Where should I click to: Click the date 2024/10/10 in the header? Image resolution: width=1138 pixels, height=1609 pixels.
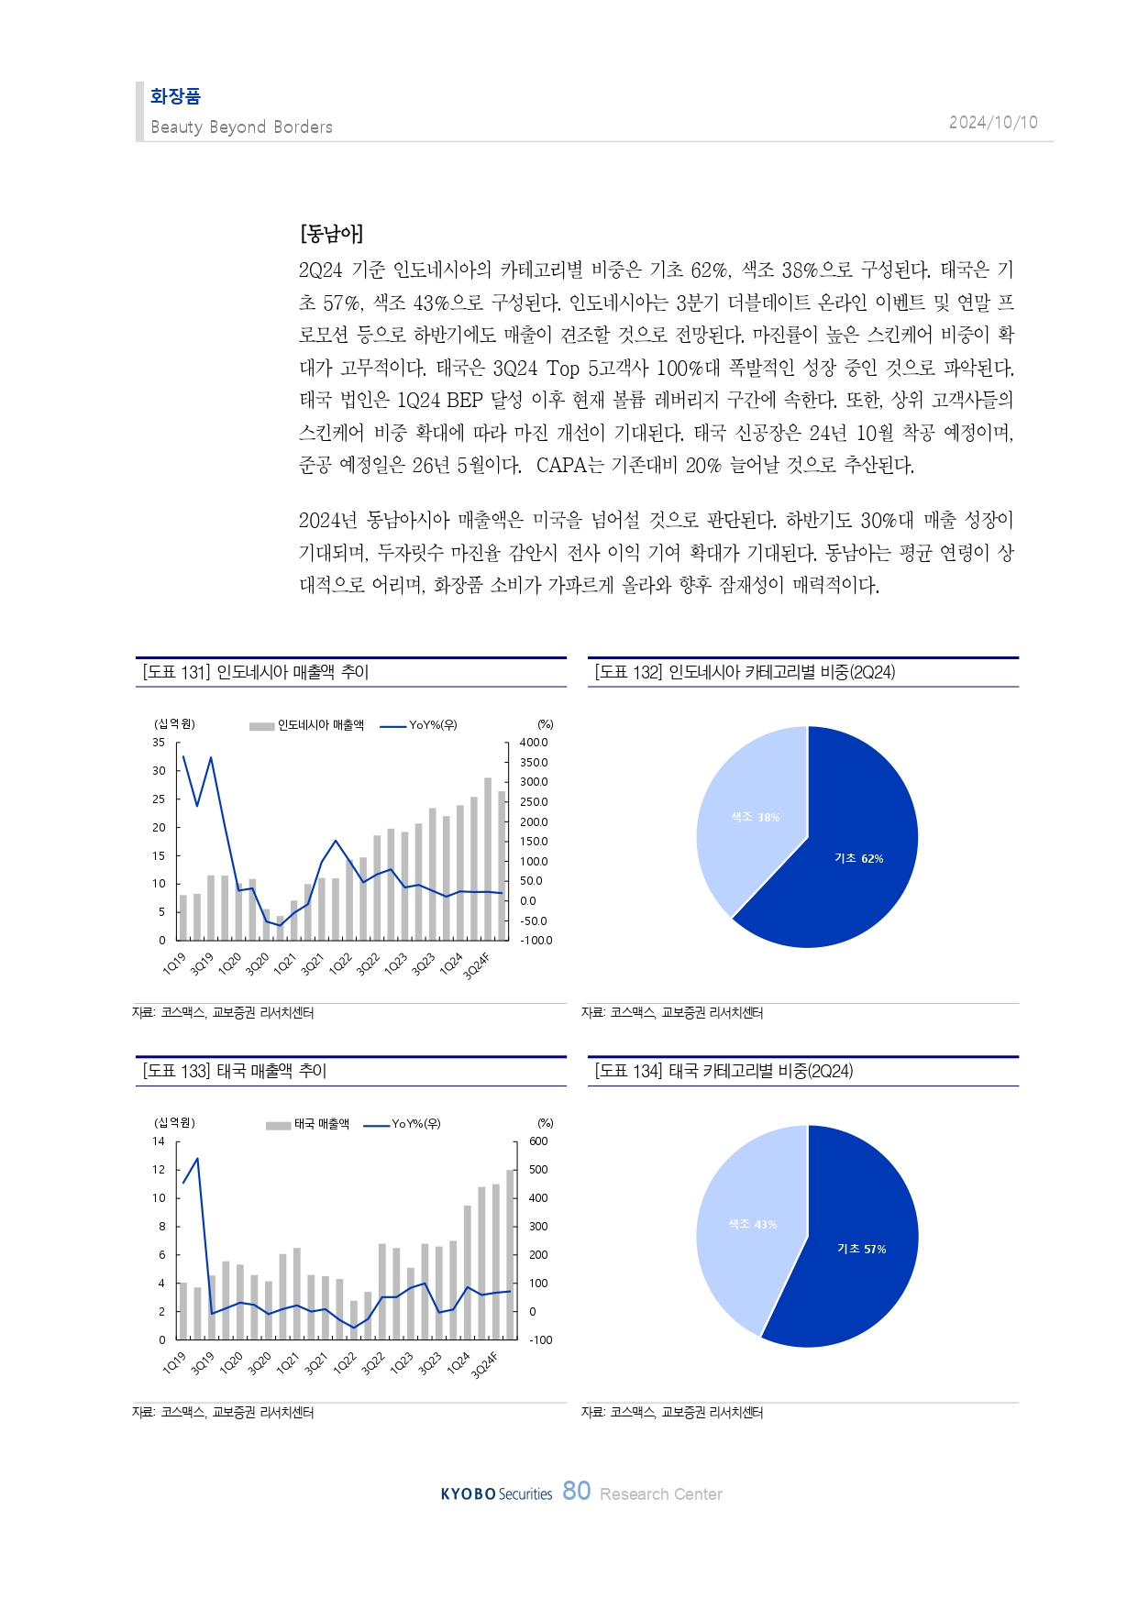[x=992, y=123]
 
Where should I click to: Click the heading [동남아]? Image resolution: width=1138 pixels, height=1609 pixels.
[x=331, y=234]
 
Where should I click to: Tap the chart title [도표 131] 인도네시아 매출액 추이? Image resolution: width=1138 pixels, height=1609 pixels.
[x=256, y=672]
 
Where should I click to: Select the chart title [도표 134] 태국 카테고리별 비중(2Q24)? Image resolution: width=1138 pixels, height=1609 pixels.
[x=724, y=1071]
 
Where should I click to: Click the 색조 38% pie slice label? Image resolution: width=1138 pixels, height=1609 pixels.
[x=755, y=817]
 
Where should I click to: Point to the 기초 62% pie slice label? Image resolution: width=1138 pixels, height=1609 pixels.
[x=858, y=859]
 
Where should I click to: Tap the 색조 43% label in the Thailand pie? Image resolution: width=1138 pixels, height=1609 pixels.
[x=752, y=1224]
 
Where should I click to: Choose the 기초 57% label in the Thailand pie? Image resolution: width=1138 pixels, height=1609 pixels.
[x=861, y=1249]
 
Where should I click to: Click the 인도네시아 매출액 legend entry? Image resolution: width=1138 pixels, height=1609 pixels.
[x=320, y=725]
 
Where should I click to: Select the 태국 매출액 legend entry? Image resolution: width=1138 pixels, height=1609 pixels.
[x=321, y=1124]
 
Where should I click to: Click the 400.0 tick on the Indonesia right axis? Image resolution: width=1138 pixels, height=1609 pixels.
[x=533, y=743]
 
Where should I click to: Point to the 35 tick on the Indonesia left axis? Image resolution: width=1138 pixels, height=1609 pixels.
[x=159, y=743]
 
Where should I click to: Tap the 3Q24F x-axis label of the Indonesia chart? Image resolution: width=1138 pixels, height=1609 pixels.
[x=477, y=966]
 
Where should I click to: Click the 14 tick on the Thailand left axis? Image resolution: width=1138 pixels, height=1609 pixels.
[x=159, y=1141]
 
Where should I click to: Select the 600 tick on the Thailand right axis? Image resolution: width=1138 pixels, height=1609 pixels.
[x=538, y=1141]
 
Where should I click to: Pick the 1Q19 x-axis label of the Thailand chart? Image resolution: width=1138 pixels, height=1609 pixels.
[x=174, y=1363]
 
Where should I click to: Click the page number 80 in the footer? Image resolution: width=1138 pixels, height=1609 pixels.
[x=576, y=1491]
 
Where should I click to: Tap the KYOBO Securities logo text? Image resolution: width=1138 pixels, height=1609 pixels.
[x=496, y=1494]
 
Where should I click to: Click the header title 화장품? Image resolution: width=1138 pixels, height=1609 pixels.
[x=175, y=96]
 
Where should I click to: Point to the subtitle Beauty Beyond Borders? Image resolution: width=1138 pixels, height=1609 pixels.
[x=241, y=127]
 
